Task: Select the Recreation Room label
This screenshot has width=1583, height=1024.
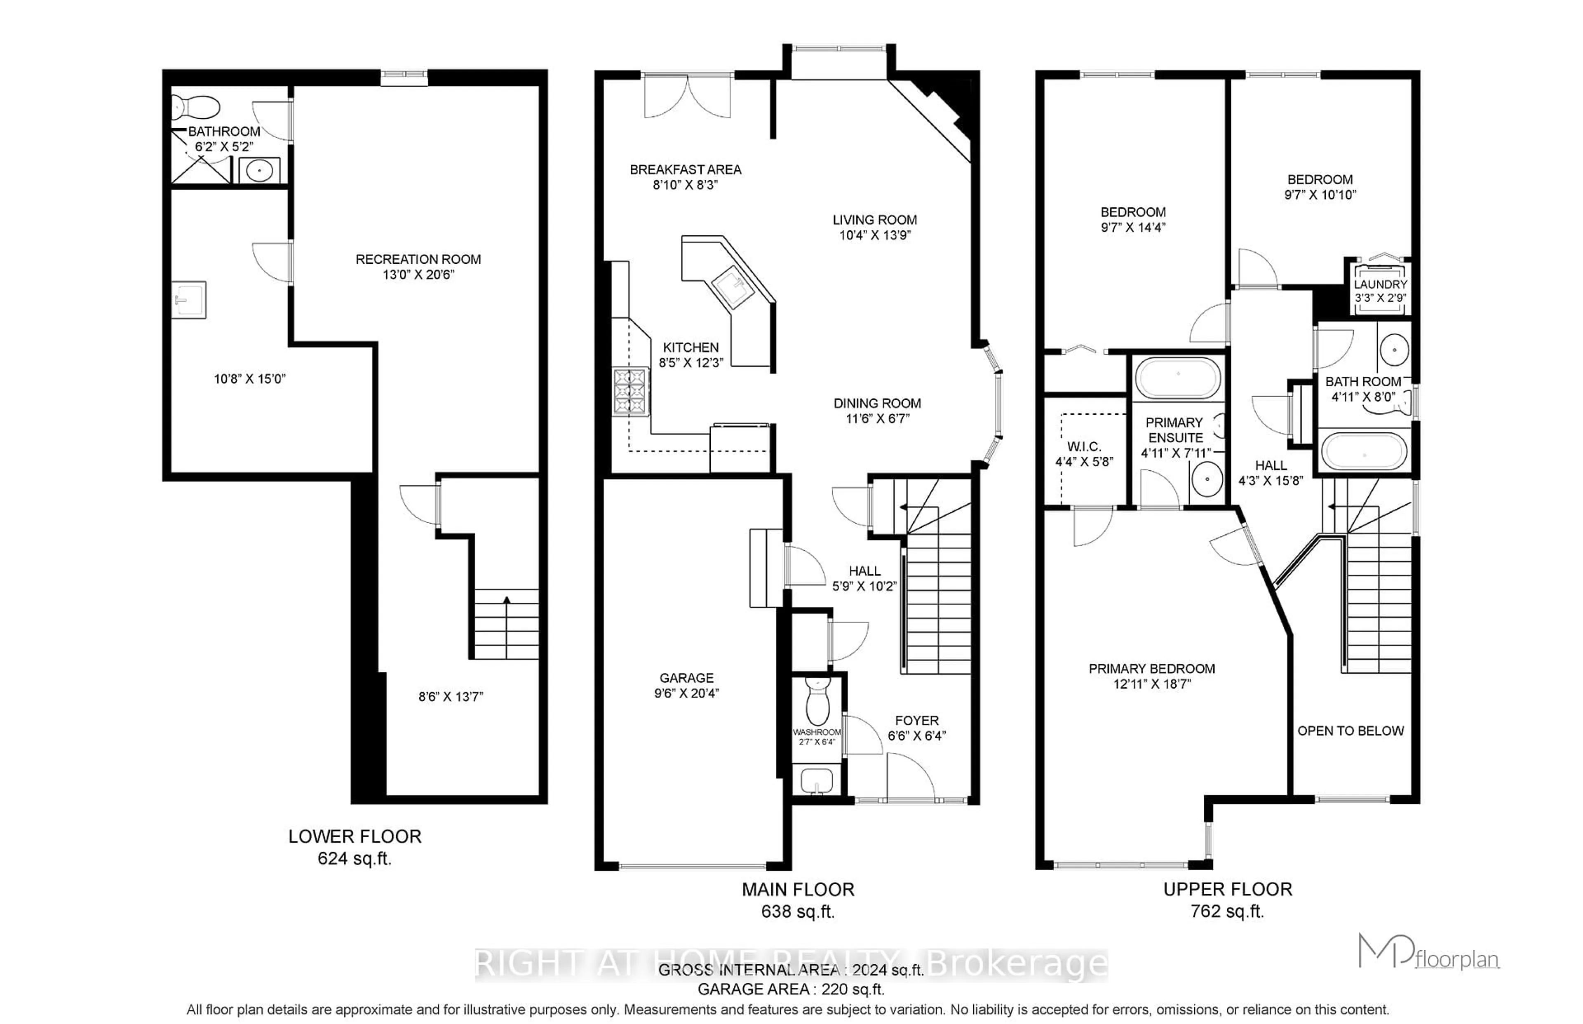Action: tap(418, 259)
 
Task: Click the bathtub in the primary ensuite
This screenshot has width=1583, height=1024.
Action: tap(1177, 378)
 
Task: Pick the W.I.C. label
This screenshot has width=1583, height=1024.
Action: tap(1084, 446)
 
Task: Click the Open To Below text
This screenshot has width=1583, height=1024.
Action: tap(1350, 731)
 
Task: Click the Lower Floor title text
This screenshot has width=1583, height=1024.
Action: tap(355, 836)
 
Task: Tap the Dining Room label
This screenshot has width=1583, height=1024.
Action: tap(877, 403)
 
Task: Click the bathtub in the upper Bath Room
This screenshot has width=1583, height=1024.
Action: tap(1364, 451)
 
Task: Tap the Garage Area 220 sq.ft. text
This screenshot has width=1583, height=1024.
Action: tap(791, 989)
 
